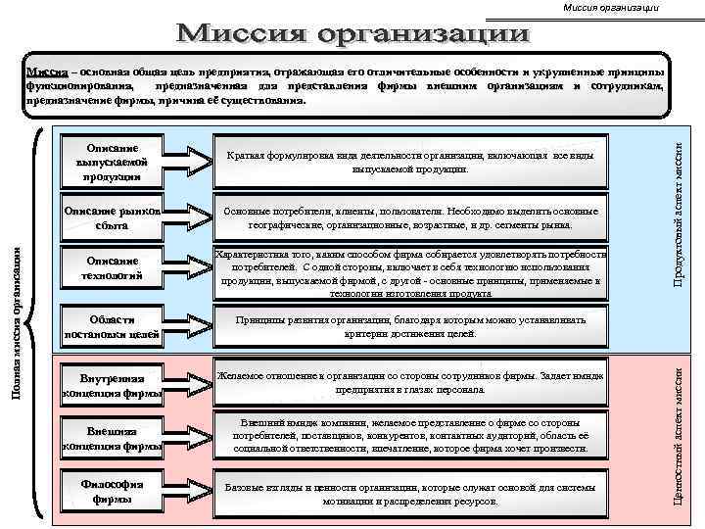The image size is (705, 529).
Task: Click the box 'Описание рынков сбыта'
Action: pyautogui.click(x=110, y=216)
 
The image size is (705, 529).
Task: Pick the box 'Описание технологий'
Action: pyautogui.click(x=110, y=268)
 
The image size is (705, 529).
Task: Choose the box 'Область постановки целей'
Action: pyautogui.click(x=110, y=327)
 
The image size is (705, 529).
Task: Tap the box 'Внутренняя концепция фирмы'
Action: pyautogui.click(x=110, y=386)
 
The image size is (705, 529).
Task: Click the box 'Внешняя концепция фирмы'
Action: pyautogui.click(x=110, y=437)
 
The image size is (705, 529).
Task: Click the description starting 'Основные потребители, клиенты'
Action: pyautogui.click(x=410, y=216)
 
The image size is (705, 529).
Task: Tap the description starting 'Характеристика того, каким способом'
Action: pyautogui.click(x=410, y=272)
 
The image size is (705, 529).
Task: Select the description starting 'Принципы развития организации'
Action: pyautogui.click(x=410, y=327)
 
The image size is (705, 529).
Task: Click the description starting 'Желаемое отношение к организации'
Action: pyautogui.click(x=410, y=382)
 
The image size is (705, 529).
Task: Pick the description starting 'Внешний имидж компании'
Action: pyautogui.click(x=410, y=436)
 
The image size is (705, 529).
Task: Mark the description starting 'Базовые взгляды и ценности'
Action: pyautogui.click(x=410, y=493)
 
